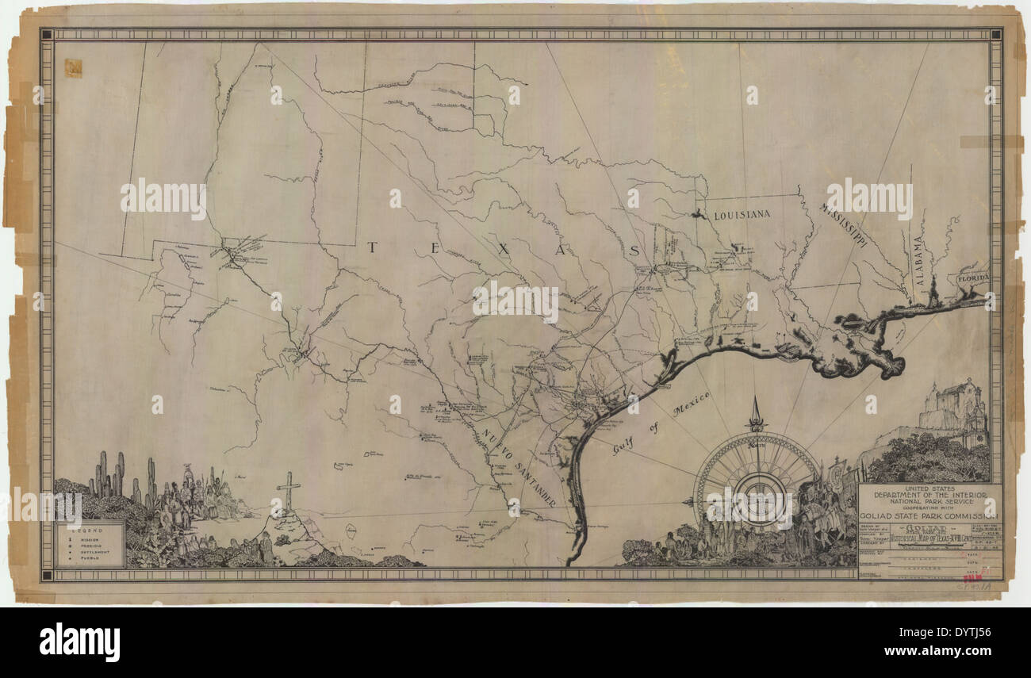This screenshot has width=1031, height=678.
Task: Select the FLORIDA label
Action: click(x=972, y=279)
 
